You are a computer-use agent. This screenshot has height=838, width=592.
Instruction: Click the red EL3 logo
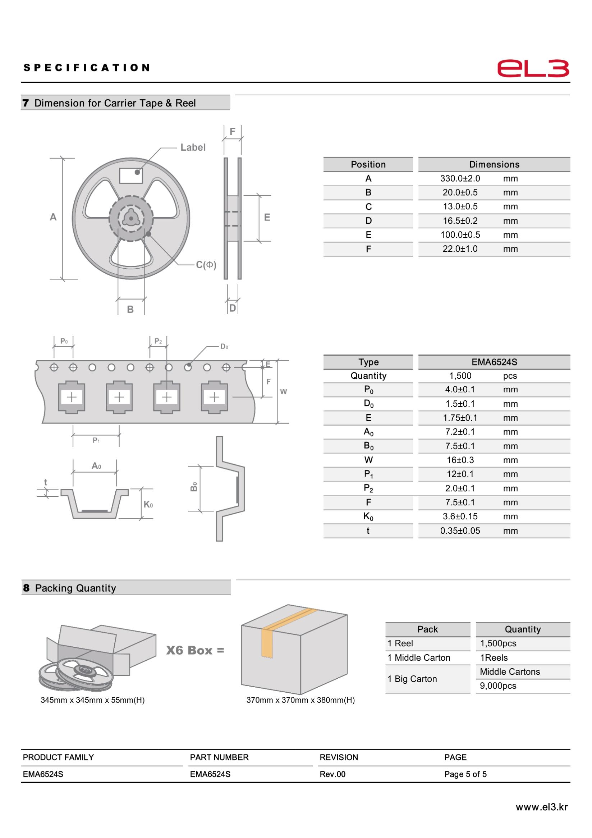click(x=533, y=68)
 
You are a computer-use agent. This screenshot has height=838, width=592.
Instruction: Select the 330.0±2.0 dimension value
click(x=460, y=178)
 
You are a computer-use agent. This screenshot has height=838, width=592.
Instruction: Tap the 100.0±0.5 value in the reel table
click(x=460, y=235)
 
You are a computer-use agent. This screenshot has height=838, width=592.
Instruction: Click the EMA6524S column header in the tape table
click(x=494, y=362)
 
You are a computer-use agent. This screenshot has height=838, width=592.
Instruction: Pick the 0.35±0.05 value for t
click(x=460, y=531)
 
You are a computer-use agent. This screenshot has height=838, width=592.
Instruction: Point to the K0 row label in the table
click(x=368, y=516)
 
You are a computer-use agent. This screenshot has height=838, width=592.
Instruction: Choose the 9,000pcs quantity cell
click(x=498, y=686)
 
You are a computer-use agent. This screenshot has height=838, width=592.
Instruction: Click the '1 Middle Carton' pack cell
click(x=419, y=658)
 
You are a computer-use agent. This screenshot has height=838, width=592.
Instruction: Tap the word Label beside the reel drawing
click(x=193, y=147)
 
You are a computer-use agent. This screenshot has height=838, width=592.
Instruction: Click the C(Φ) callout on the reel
click(x=206, y=265)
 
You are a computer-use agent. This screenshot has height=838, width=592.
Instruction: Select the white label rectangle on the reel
click(x=130, y=176)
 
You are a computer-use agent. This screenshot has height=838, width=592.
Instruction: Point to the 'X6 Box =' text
click(x=195, y=650)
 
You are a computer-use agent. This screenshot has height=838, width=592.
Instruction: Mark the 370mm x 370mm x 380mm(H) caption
click(x=300, y=700)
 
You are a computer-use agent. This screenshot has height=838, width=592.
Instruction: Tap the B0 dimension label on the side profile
click(x=194, y=487)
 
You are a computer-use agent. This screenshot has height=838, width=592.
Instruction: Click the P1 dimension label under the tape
click(x=96, y=441)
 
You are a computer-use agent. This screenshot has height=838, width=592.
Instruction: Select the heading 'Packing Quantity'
click(x=75, y=588)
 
